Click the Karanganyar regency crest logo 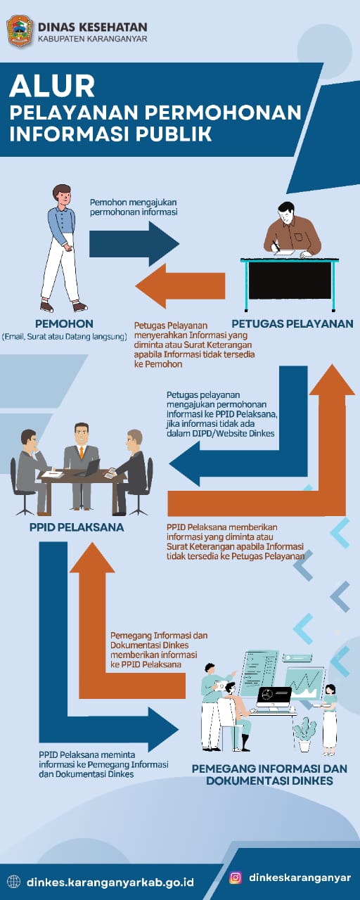(20, 31)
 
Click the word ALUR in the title (52, 86)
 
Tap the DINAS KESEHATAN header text (92, 27)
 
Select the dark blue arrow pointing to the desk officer (134, 243)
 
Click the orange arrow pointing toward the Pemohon (180, 286)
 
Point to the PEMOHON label (64, 323)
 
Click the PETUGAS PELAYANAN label (292, 323)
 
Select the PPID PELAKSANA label (77, 527)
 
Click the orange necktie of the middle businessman (82, 453)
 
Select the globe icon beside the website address (14, 882)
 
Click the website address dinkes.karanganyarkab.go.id (110, 882)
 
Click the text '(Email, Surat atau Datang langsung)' (64, 337)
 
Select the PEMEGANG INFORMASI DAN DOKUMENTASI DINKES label (269, 774)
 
